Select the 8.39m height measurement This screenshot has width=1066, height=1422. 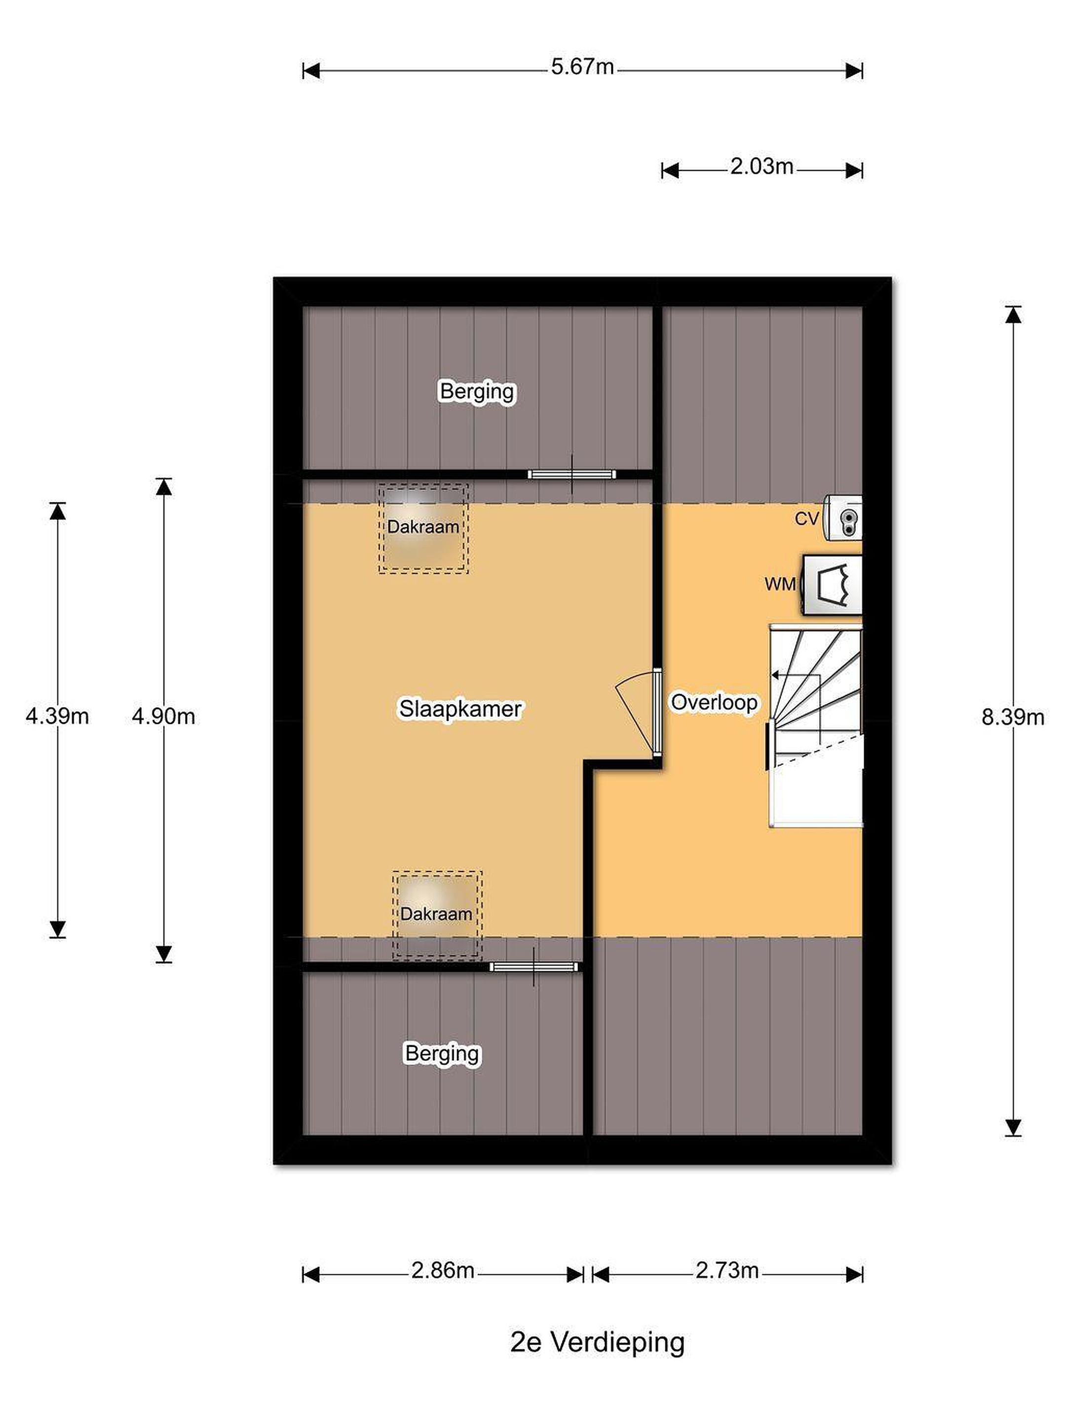1012,717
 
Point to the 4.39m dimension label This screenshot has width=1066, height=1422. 57,715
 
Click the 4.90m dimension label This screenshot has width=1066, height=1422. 163,715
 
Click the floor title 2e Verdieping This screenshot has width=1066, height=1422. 597,1343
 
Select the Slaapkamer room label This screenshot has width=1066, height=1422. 460,709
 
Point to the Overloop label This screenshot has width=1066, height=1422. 714,702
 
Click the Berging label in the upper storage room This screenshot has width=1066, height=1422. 477,392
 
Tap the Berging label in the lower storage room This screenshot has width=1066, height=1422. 442,1054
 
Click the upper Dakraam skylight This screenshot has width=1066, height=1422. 423,528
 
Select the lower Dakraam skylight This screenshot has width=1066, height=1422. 437,915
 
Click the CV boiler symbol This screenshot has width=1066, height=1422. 843,517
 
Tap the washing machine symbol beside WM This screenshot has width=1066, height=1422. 832,585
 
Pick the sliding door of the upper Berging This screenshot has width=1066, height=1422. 571,475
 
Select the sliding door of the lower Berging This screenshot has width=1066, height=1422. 533,967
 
